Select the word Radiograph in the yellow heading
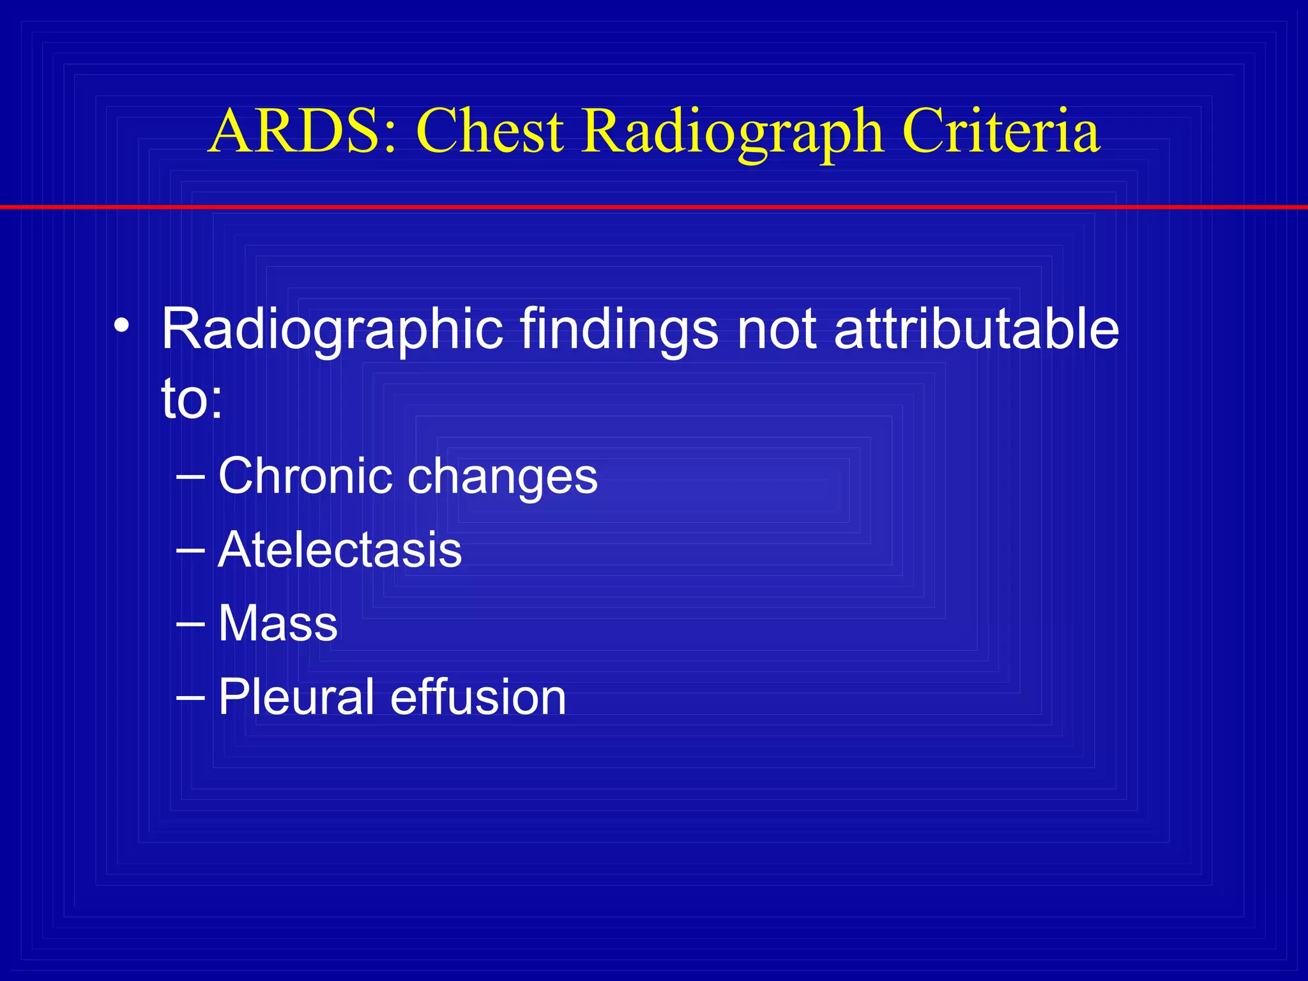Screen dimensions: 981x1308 (733, 132)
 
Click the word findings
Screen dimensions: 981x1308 (620, 330)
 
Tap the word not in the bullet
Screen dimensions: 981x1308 (777, 330)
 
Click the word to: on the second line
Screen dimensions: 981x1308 (192, 400)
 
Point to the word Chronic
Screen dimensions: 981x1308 (305, 476)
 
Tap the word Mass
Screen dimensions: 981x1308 (278, 623)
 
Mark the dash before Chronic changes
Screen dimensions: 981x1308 (190, 477)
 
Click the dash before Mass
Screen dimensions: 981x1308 (190, 624)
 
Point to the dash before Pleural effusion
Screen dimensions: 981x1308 (190, 697)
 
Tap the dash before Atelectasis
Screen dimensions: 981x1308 (190, 551)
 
